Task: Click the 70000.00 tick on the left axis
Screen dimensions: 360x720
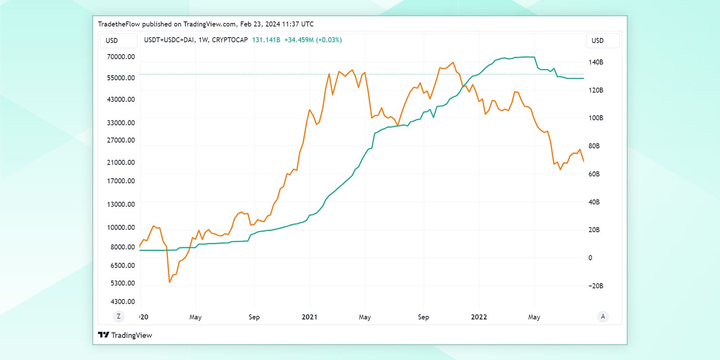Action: point(121,57)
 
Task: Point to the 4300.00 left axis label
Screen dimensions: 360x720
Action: point(122,301)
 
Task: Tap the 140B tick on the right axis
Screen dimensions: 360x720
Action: point(596,62)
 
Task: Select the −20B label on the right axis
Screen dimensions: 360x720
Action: point(595,286)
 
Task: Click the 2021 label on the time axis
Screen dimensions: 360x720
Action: point(310,317)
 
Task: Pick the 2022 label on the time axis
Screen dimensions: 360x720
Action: point(479,317)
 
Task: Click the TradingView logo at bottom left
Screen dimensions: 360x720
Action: point(125,335)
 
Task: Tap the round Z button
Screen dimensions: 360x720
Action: point(119,316)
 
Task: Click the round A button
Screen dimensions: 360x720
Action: point(603,316)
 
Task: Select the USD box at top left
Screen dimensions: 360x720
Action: point(118,40)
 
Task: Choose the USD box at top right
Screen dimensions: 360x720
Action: point(602,40)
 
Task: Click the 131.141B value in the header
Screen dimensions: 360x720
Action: point(266,40)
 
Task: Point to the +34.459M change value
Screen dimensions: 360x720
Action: point(299,40)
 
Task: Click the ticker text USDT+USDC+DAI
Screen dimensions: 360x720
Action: point(169,40)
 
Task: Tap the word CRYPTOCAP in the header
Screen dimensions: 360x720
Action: point(229,40)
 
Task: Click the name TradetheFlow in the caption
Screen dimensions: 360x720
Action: point(119,24)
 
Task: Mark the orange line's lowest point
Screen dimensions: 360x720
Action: point(170,282)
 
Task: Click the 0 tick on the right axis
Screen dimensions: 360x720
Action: point(590,258)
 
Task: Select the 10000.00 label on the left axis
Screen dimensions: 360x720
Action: point(121,227)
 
